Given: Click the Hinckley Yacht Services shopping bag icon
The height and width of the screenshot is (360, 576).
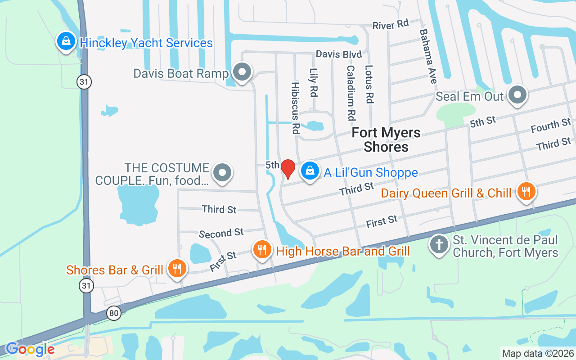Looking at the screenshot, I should pos(66,42).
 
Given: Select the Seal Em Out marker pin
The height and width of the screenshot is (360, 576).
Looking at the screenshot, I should pos(517,95).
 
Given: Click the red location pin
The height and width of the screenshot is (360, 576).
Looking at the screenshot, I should pos(288,169).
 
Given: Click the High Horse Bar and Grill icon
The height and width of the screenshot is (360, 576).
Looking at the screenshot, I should pos(261,249).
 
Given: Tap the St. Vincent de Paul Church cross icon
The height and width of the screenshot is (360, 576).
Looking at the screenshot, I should pos(439,245).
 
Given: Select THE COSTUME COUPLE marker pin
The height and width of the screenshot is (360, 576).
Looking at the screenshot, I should pos(222,172).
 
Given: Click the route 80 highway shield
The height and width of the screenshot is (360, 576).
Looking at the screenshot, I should pos(114,313).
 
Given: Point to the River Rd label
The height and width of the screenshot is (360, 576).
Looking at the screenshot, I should pos(390,25).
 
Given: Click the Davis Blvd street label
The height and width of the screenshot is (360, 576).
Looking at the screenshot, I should pos(338,54).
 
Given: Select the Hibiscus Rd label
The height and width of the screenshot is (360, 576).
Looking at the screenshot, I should pos(295,108).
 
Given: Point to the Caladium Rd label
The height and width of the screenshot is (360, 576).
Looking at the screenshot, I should pos(351,92).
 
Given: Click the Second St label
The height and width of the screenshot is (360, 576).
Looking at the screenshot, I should pos(221,233).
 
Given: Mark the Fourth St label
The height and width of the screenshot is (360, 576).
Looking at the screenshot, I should pos(551,126).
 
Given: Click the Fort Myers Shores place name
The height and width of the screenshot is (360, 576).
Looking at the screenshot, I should pos(386,139).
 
